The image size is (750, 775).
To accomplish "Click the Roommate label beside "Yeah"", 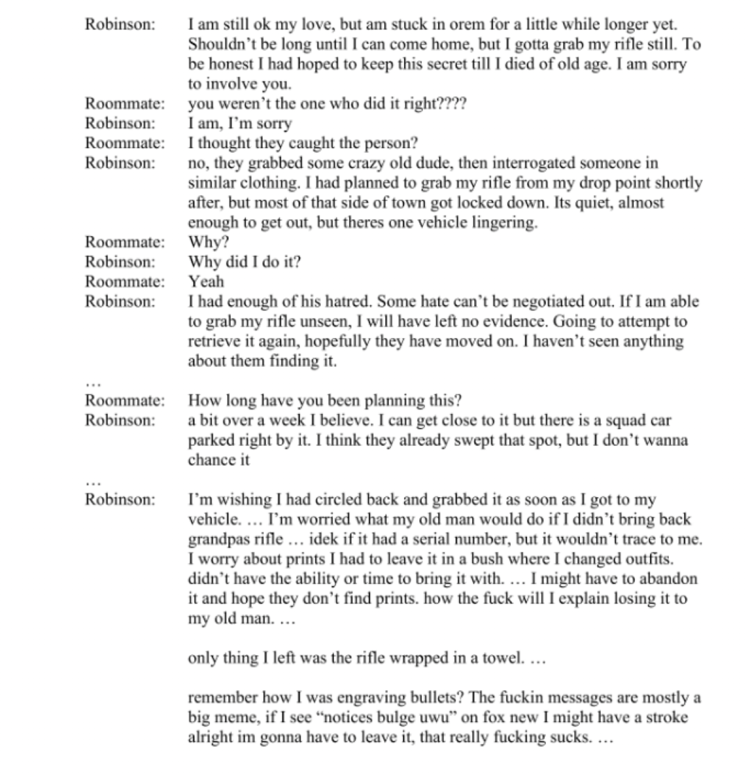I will pyautogui.click(x=125, y=282).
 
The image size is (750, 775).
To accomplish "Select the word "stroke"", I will pyautogui.click(x=663, y=717).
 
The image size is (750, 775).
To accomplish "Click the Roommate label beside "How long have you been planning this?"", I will pyautogui.click(x=125, y=401).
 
